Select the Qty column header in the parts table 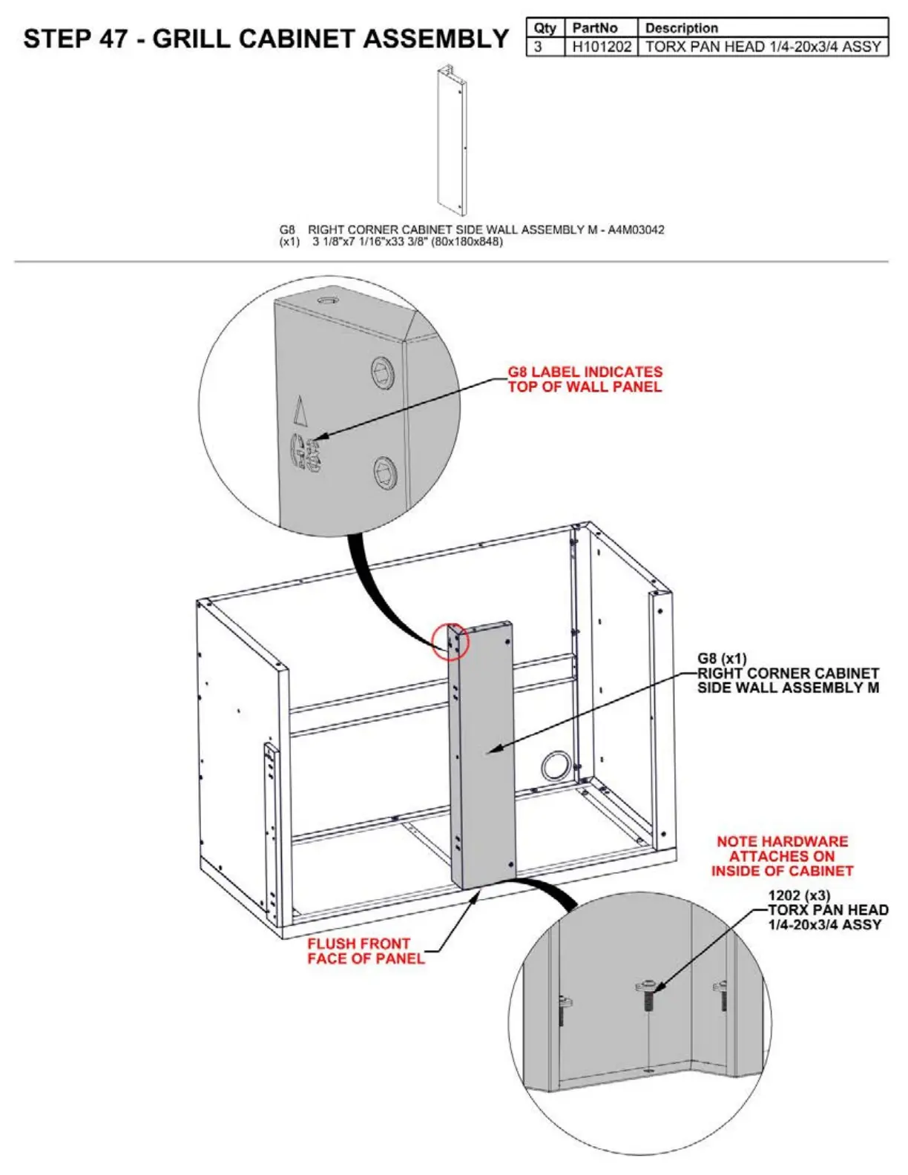coord(545,28)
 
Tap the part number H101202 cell coord(602,47)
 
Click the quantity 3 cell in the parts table coord(539,47)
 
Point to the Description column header coord(681,28)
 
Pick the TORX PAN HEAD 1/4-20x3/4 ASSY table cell coord(763,47)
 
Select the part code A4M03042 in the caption coord(636,230)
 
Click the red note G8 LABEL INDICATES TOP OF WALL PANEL coord(585,379)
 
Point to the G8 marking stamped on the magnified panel coord(303,453)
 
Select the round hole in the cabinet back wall coord(556,765)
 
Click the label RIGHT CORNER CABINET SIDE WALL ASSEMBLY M coord(788,680)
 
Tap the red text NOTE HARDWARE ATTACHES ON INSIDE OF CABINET coord(782,856)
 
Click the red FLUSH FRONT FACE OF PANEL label coord(366,951)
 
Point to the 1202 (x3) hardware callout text coord(799,895)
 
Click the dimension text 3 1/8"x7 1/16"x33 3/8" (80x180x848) coord(407,242)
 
